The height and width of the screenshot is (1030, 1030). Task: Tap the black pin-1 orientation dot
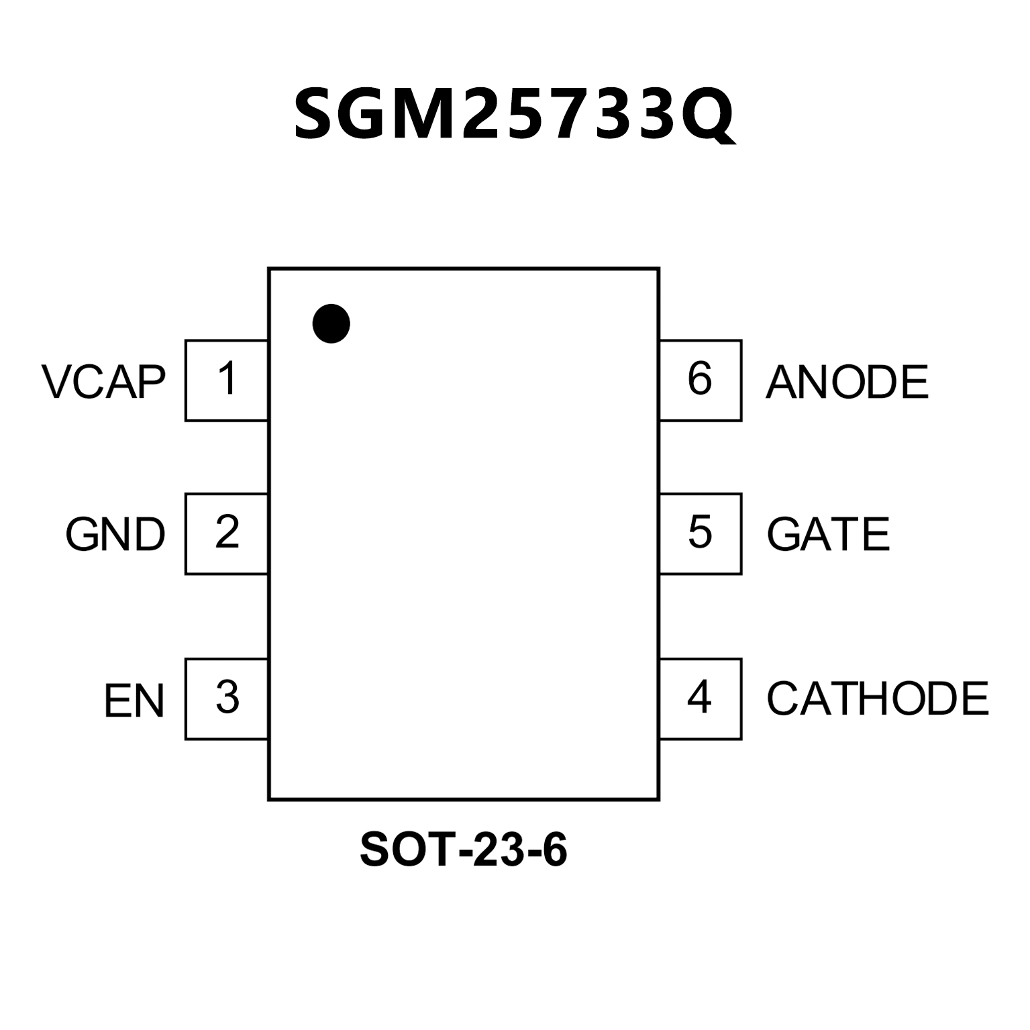pos(331,323)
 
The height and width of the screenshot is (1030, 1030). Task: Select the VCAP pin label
pos(103,382)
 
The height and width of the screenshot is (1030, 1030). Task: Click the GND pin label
pos(115,535)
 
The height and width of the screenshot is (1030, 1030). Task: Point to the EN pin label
pos(134,701)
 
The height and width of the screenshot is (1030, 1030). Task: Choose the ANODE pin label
pos(847,382)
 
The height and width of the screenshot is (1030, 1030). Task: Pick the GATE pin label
pos(828,535)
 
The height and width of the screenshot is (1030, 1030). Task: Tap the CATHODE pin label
pos(878,699)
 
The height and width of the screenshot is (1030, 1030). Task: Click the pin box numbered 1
pos(227,380)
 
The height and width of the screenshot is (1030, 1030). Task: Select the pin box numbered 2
pos(227,533)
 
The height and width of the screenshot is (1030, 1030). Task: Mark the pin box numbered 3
pos(227,699)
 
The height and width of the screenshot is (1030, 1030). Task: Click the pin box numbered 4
pos(701,699)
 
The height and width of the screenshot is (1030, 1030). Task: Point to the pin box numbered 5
pos(701,533)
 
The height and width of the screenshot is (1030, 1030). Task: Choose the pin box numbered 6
pos(701,380)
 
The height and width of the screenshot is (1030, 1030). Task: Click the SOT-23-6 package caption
pos(464,849)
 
